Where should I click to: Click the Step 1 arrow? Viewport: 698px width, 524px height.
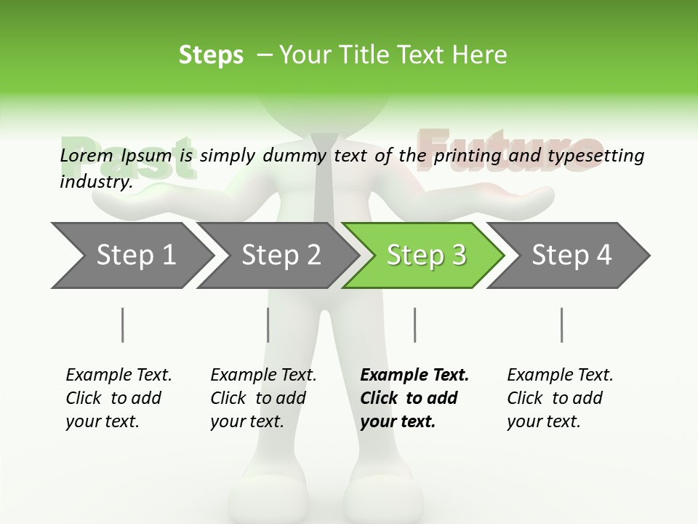131,255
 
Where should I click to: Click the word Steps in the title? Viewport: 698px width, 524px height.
211,55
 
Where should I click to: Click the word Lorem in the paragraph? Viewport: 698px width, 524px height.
86,155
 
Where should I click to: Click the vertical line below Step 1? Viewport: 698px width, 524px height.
123,325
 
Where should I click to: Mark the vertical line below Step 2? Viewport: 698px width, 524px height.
268,325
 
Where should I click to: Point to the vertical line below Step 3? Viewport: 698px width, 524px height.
415,325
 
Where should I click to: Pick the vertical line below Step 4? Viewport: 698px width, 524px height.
562,325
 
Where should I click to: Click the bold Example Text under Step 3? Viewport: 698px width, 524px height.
414,376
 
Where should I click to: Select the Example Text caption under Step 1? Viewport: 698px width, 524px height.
119,376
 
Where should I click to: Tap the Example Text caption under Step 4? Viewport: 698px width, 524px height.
560,376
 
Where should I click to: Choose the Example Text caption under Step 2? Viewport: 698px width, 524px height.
263,376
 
